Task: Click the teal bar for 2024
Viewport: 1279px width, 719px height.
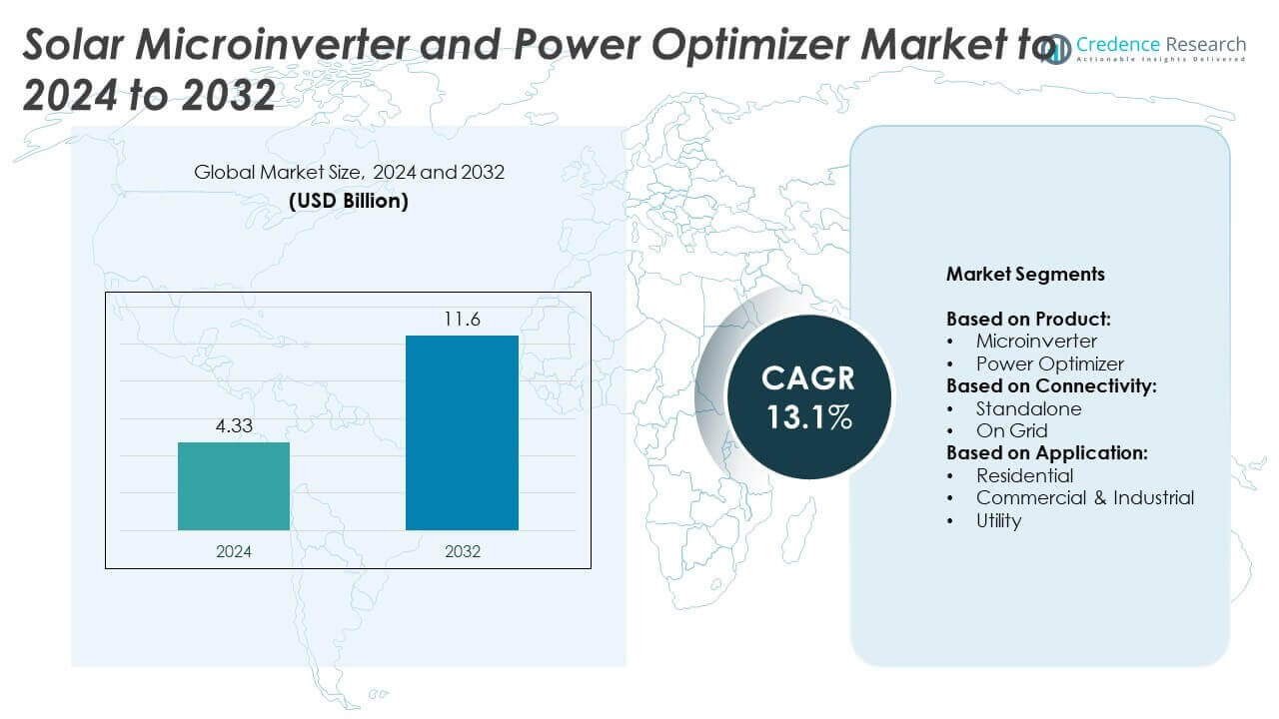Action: pos(234,486)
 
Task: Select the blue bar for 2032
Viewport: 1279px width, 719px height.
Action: pos(462,432)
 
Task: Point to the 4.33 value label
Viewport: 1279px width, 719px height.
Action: pos(234,426)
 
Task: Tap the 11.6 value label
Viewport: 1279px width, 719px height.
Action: pos(462,320)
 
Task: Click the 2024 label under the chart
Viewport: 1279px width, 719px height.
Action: pos(234,551)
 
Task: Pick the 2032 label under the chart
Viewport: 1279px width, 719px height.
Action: pos(462,551)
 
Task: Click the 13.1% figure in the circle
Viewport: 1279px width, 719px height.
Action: pos(809,416)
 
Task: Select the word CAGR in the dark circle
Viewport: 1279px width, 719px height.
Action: pos(808,378)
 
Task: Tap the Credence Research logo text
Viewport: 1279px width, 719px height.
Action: pos(1160,45)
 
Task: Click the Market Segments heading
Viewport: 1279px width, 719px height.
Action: pos(1025,274)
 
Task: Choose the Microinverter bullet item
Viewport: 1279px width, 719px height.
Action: pos(1036,342)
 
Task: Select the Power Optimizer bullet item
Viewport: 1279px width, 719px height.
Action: pos(1049,363)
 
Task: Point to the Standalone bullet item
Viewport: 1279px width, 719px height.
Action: pos(1028,408)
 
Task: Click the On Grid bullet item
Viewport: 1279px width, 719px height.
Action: pos(1011,430)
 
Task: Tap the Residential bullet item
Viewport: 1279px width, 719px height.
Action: pos(1024,475)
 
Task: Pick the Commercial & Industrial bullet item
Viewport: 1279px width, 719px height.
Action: pos(1084,497)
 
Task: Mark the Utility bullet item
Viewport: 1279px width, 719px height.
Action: pos(998,520)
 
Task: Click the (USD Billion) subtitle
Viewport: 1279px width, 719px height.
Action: pos(349,200)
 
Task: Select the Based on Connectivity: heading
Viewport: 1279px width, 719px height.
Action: pos(1051,385)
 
